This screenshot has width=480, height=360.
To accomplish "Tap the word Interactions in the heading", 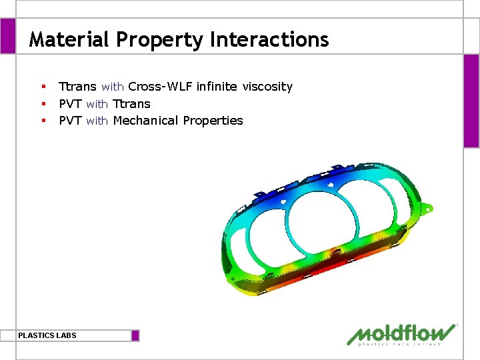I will coord(269,40).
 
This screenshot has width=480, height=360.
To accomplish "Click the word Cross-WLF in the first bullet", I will coord(160,87).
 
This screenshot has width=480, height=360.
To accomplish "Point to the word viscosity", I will coord(267,87).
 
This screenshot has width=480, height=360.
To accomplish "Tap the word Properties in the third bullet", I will coord(213,121).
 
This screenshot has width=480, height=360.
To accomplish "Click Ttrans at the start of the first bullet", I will coord(77,87).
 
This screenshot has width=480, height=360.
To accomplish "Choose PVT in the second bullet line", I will coord(70,104).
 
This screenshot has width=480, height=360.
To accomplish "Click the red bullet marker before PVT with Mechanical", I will coord(43,121).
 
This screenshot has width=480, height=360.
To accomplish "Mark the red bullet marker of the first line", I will coord(43,87).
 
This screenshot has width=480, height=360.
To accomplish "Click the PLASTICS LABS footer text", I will coord(47,335).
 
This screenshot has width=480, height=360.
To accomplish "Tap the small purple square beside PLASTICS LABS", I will coord(135,335).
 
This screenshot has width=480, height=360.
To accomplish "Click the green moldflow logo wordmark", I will coord(403,333).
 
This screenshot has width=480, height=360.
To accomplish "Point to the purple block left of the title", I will coord(7,36).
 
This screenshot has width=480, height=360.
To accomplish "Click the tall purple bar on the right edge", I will coord(471,100).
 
